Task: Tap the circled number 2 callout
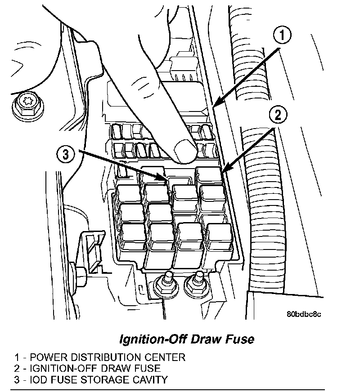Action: point(277,116)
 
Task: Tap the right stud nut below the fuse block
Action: point(195,283)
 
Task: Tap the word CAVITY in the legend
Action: point(151,379)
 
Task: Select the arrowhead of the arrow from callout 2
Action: point(223,172)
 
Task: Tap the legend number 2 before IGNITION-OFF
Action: point(17,369)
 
